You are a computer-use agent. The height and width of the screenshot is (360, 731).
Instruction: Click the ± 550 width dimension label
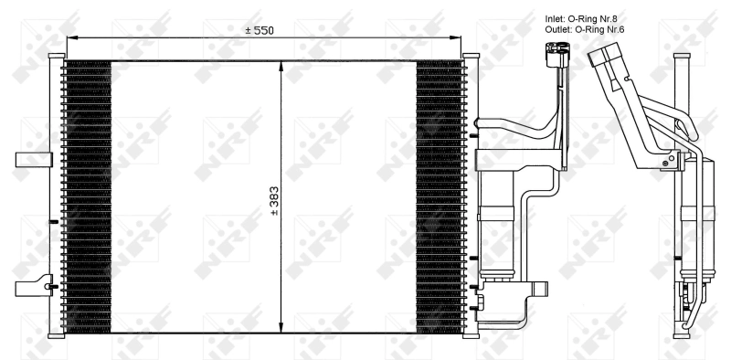click(x=259, y=30)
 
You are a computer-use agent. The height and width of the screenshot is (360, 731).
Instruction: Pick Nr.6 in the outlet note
click(x=620, y=29)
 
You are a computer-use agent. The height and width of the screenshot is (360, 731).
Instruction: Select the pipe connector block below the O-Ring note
click(x=556, y=57)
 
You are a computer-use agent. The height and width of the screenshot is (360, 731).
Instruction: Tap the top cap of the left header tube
click(x=63, y=58)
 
